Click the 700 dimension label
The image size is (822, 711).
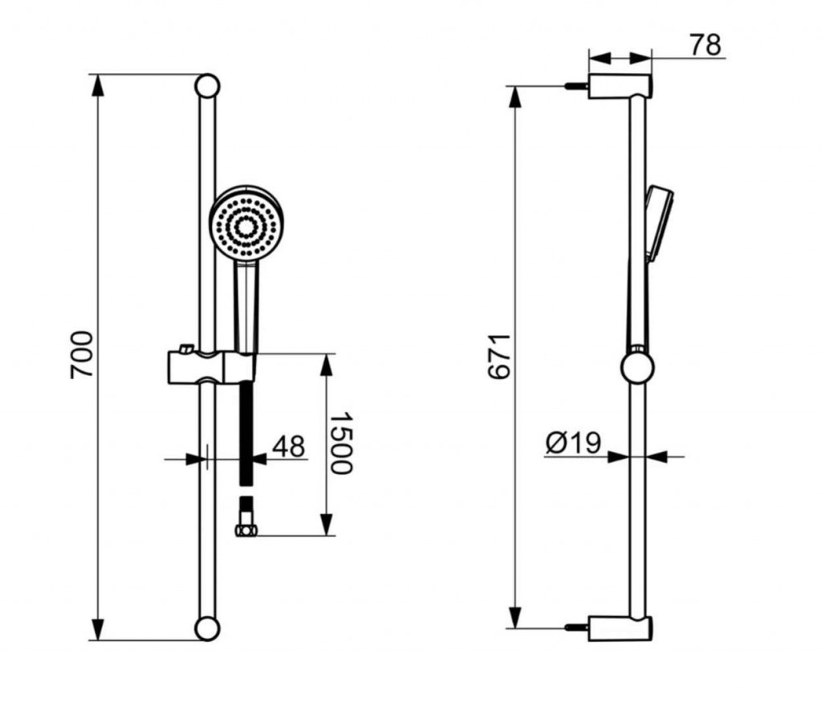tap(82, 355)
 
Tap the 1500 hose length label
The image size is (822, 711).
tap(340, 443)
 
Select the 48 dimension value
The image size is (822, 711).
tap(288, 447)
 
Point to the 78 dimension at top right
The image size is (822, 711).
tap(705, 45)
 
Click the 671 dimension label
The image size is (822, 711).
tap(499, 356)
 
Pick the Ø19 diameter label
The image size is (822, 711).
tap(573, 443)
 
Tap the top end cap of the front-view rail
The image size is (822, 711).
tap(207, 86)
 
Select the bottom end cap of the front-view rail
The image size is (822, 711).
tap(207, 628)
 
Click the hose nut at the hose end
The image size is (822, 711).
tap(246, 530)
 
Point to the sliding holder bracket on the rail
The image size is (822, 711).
tap(211, 366)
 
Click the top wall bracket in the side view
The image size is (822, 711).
tap(621, 87)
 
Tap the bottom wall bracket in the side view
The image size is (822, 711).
tap(621, 628)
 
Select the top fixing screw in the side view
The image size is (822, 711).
tap(576, 86)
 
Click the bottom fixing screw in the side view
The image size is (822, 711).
tap(576, 627)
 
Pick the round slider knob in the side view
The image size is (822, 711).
tap(637, 367)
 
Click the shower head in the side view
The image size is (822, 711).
tap(659, 223)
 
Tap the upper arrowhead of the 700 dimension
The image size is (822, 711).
tap(97, 85)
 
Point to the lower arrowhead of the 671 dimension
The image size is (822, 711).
tap(516, 617)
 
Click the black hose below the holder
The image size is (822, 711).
tap(246, 434)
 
